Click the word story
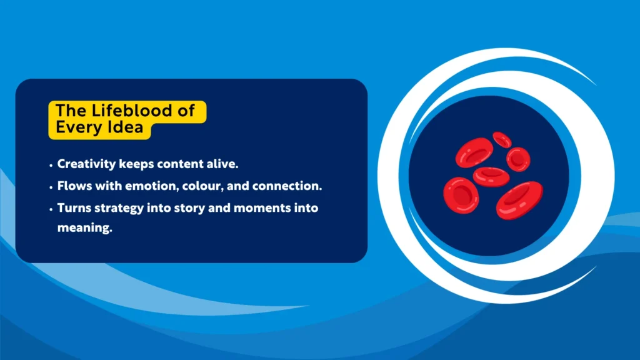coord(199,208)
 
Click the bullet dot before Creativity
coord(51,165)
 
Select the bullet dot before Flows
coord(51,187)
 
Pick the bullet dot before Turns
coord(51,209)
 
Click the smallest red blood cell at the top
coord(502,139)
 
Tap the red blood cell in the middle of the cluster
coord(491,176)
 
